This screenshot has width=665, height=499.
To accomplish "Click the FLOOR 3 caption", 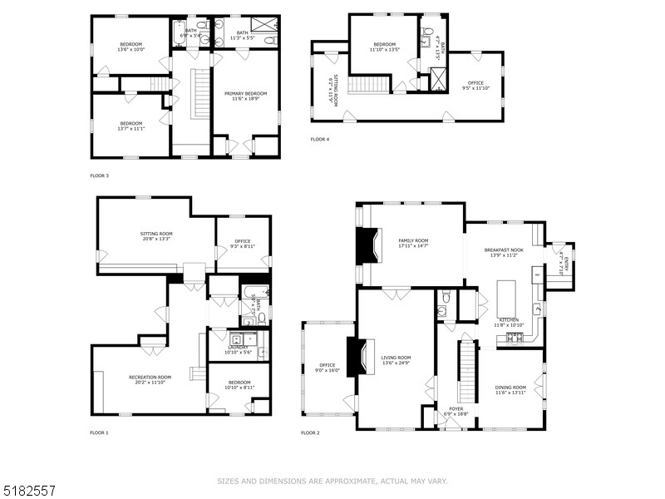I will pyautogui.click(x=99, y=175).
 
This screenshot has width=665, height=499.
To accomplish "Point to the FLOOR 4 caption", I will pyautogui.click(x=320, y=139).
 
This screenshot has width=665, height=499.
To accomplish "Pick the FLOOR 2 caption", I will pyautogui.click(x=310, y=432).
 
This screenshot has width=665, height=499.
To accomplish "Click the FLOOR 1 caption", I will pyautogui.click(x=99, y=432).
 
